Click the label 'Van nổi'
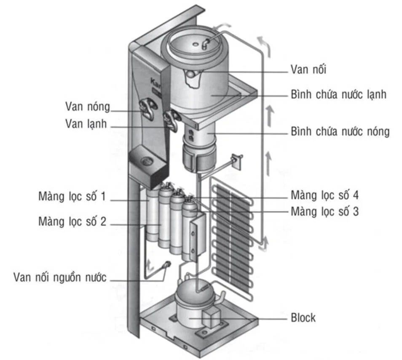(308, 69)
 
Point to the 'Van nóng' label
(87, 106)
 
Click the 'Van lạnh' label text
(86, 124)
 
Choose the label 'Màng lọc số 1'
(72, 197)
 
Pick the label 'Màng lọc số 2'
(72, 221)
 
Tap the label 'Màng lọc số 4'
(324, 195)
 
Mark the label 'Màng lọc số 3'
(324, 211)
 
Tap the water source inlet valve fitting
(166, 264)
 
